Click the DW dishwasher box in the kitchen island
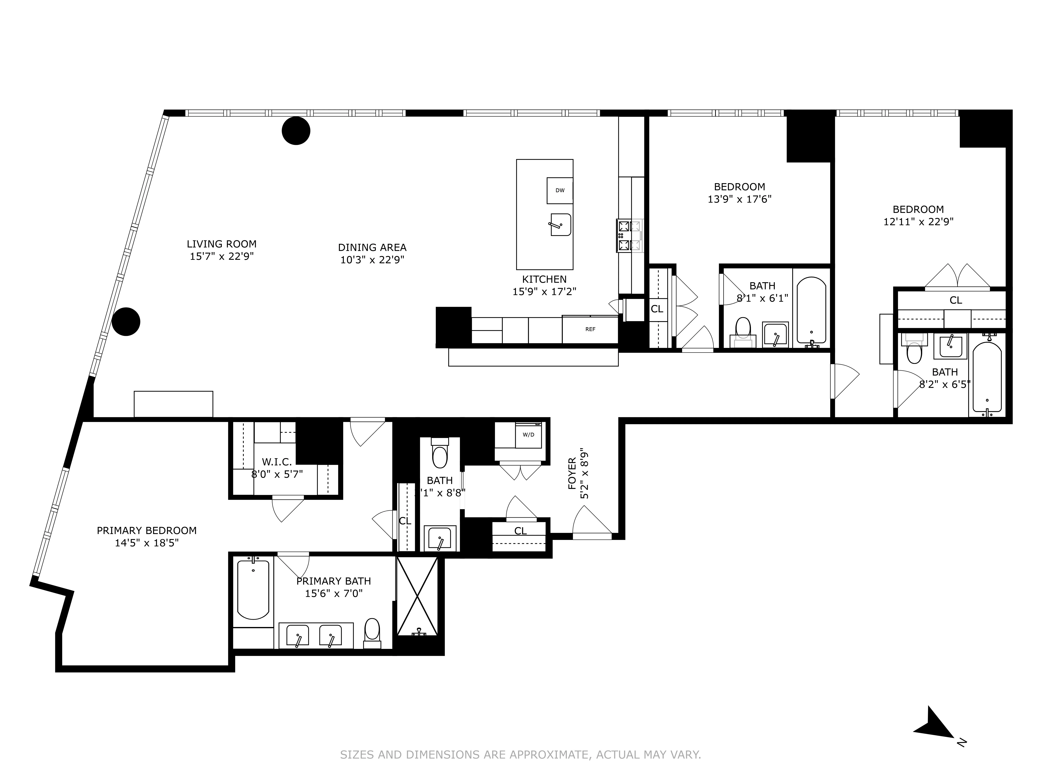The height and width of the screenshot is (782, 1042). point(560,190)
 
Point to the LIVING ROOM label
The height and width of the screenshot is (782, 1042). point(221,244)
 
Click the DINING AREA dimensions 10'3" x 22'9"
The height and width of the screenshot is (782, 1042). point(372,260)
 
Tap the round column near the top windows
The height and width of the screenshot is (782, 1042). point(296,131)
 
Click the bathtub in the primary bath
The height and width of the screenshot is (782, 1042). point(253,589)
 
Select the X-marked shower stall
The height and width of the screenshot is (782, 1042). point(417,596)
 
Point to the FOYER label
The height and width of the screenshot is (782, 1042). point(572,473)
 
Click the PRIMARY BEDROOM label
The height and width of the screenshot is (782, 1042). point(147,530)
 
